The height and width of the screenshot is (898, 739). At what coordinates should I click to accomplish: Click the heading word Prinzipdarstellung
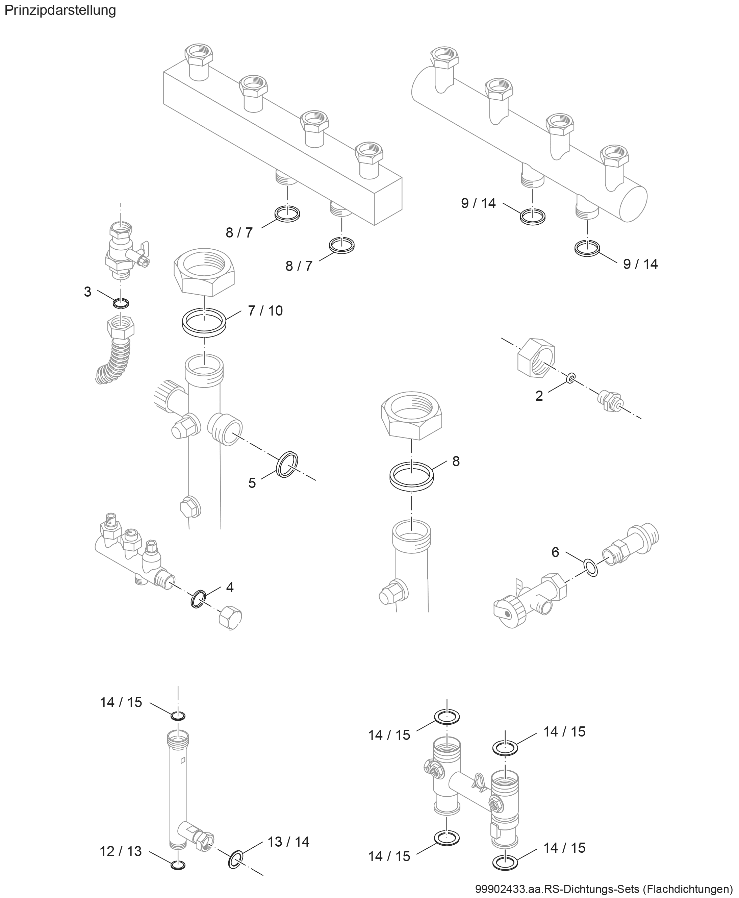coord(60,10)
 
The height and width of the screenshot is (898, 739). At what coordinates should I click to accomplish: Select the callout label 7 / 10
coord(265,311)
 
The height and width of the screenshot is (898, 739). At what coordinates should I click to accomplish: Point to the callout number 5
coord(252,483)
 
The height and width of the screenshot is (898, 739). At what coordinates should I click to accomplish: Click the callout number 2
coord(539,396)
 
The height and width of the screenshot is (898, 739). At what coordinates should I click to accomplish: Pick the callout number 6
coord(555,552)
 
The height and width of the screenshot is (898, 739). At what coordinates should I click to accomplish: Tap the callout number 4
coord(230,588)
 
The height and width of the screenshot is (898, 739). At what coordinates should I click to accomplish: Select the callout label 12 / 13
coord(121,851)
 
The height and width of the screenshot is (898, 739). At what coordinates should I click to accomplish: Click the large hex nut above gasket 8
coord(412,416)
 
